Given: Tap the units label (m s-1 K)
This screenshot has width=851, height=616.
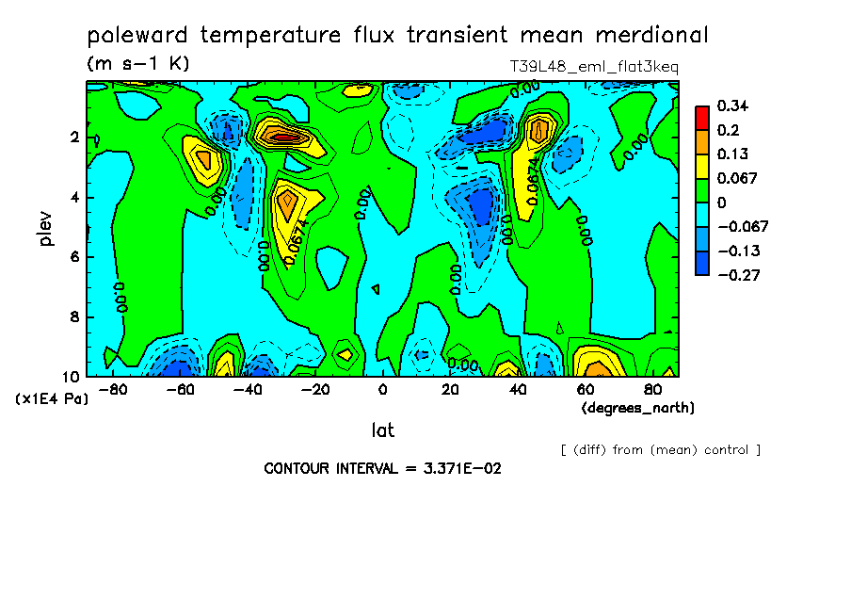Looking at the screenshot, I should tap(138, 65).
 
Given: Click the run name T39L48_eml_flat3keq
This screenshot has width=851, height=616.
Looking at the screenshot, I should tap(593, 67).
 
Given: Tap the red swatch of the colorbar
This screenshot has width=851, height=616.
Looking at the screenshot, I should tap(701, 118).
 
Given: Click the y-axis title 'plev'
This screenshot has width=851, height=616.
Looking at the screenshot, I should tap(46, 229).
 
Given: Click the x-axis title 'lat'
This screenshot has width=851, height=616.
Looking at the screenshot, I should tap(382, 430).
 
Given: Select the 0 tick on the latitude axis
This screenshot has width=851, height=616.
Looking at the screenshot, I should tap(382, 389).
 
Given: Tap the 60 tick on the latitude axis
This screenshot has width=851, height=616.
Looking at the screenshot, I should tap(585, 389).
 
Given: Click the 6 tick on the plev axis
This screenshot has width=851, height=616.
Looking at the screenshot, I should tap(72, 257).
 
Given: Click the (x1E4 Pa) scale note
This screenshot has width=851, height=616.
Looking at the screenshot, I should tap(52, 398).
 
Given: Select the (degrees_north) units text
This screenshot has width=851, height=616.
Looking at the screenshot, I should tap(638, 408).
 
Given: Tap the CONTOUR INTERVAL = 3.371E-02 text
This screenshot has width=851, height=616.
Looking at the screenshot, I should tap(382, 468).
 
